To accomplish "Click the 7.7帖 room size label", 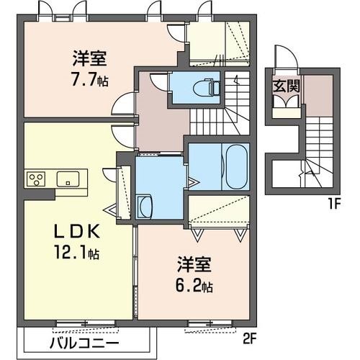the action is tap(89, 79).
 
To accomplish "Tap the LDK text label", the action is tap(77, 232).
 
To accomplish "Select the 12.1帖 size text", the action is tap(77, 252).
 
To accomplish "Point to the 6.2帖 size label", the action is tap(194, 286).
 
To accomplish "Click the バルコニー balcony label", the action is tap(84, 343).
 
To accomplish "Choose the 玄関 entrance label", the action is tap(287, 86).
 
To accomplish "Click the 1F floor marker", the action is tap(333, 204).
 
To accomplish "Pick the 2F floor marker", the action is tap(249, 339).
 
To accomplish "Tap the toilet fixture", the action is tap(207, 87).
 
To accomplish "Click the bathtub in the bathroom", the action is tap(236, 166).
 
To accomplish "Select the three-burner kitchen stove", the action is tap(36, 179).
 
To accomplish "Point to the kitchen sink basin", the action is tap(68, 179).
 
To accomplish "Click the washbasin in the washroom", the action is tap(144, 206).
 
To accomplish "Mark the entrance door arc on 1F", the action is tap(287, 57).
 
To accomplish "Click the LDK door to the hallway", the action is tap(124, 136).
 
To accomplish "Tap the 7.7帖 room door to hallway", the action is tap(124, 104).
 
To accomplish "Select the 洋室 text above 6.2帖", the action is tap(194, 265).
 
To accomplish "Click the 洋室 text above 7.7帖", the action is tap(90, 58).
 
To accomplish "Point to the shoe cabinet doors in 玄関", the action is tap(287, 101).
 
